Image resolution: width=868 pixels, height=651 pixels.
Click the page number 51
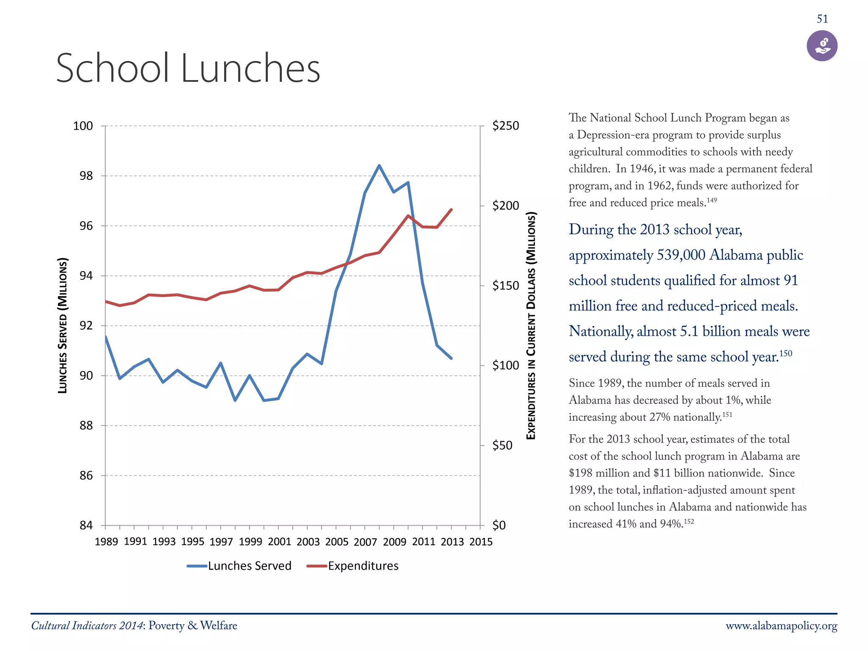pos(822,19)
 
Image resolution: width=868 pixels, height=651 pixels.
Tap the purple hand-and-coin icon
pos(822,46)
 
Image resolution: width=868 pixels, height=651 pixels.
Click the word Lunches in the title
pos(250,69)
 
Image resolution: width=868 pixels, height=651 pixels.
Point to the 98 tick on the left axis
pos(86,176)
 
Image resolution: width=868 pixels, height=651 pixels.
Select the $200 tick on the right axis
pos(505,206)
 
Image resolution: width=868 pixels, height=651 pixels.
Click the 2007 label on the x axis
pos(365,542)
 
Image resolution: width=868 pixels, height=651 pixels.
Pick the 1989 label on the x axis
pos(106,542)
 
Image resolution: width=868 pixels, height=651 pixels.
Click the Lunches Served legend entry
pos(239,566)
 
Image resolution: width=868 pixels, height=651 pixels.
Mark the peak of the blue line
pos(379,166)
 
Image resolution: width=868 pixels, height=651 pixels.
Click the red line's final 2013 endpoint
pos(451,209)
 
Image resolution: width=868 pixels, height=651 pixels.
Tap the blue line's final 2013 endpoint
pos(451,359)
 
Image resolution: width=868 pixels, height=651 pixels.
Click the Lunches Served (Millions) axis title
pos(63,325)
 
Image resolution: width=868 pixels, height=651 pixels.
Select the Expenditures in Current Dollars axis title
pos(531,325)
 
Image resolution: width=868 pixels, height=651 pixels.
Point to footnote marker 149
pos(712,200)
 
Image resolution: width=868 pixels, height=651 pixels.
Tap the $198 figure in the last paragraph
pos(580,473)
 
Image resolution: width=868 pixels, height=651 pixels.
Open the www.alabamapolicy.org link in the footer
pos(781,626)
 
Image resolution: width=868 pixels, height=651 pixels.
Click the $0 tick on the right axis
pos(499,526)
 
